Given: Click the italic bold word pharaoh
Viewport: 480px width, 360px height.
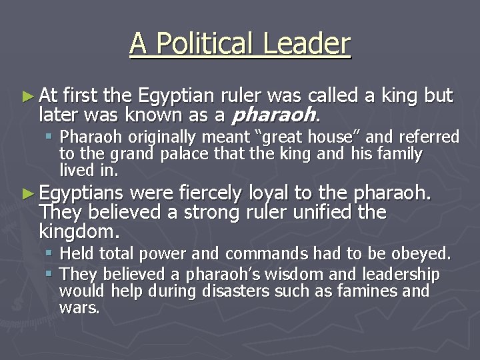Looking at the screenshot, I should coord(272,115).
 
